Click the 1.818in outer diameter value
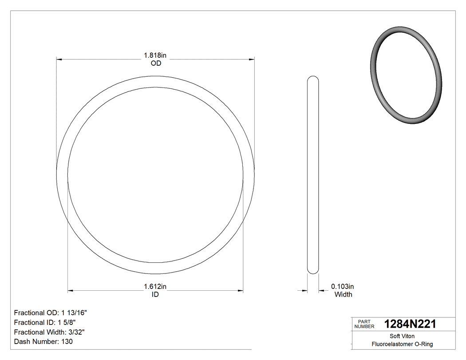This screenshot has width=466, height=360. [155, 55]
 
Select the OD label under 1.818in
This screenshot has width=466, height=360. [155, 63]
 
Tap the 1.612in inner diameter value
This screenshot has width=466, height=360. [155, 286]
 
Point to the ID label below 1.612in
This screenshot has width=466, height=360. [155, 294]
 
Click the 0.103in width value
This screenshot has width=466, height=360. [343, 286]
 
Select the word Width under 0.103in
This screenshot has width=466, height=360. [343, 294]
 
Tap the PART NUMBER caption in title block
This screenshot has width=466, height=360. [364, 324]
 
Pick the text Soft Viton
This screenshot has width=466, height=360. [402, 336]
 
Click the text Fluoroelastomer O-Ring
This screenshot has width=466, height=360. [402, 344]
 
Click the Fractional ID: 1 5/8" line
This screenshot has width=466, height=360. [47, 322]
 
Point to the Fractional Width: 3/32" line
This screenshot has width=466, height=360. [49, 332]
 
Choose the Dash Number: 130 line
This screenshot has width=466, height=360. [43, 342]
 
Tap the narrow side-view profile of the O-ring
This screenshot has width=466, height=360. [313, 175]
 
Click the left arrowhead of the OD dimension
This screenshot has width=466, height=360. [59, 59]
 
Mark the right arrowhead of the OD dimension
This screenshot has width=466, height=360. [251, 59]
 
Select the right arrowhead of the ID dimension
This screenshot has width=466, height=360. [240, 291]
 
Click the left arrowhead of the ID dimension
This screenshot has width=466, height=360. [70, 291]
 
